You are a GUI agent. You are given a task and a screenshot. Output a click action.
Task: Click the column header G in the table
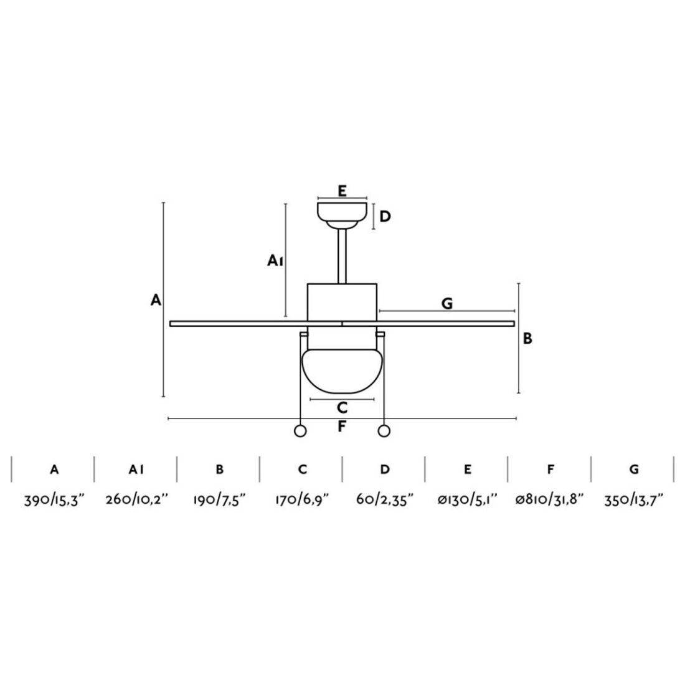634,470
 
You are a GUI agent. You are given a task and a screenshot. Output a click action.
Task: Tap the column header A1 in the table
136,470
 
